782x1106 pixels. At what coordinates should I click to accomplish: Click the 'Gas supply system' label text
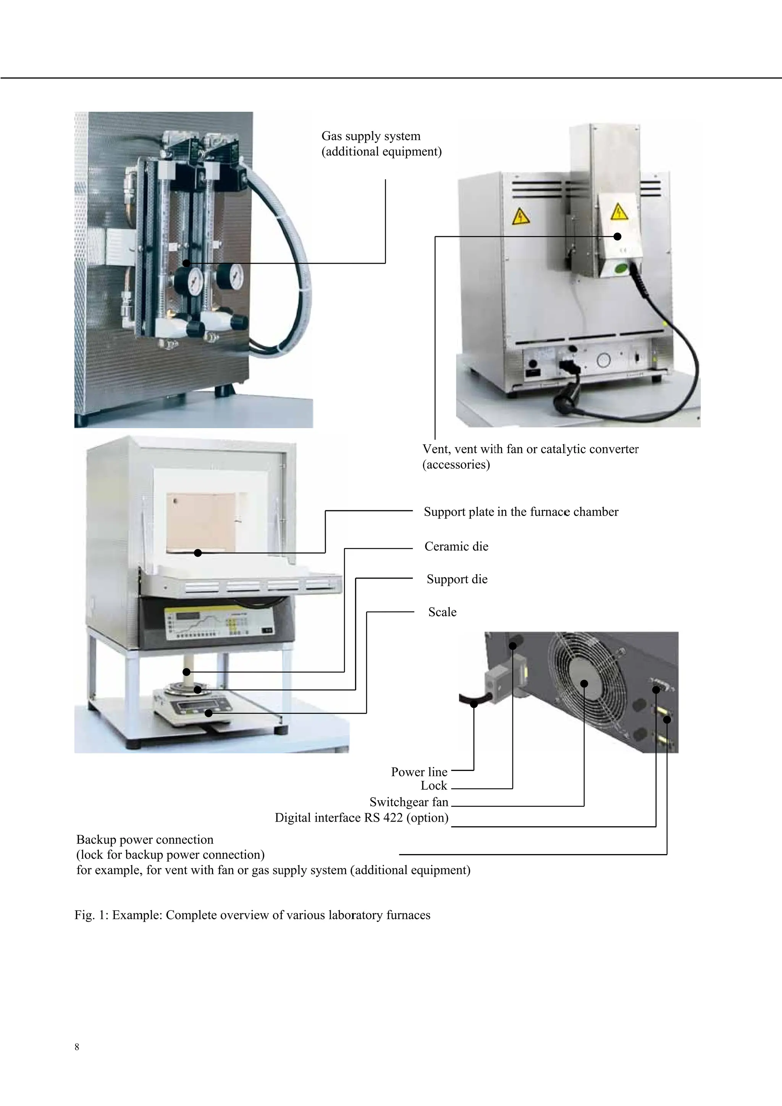(371, 136)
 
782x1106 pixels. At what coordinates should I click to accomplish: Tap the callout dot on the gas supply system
(186, 263)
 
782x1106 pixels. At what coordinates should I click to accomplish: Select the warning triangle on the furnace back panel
(521, 217)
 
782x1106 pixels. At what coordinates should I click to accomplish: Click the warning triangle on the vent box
(619, 211)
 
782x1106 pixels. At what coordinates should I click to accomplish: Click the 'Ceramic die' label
(456, 546)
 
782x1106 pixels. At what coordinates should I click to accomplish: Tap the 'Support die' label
(457, 579)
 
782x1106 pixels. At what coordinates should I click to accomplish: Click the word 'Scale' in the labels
(442, 612)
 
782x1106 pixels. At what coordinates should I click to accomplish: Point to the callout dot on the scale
(208, 713)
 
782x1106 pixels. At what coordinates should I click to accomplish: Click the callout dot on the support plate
(197, 553)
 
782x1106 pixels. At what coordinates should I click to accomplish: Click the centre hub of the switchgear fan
(584, 683)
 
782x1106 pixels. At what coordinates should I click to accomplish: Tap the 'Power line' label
(419, 772)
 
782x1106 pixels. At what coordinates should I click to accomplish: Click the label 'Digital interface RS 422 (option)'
(361, 817)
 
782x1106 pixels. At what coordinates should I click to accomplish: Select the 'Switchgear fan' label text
(409, 802)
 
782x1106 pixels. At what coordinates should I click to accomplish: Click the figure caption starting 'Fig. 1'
(252, 915)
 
